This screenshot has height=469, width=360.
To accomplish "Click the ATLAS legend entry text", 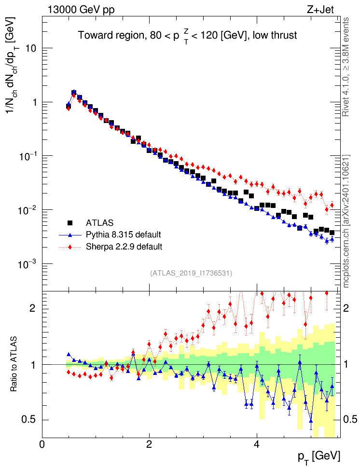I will tap(100, 223).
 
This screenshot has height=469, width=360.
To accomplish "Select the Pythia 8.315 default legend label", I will tap(123, 235).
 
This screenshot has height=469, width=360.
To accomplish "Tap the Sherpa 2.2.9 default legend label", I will tap(124, 247).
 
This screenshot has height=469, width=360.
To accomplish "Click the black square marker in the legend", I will tap(70, 223).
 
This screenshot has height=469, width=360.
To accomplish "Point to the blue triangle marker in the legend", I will tap(70, 235).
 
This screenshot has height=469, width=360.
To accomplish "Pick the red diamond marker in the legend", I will tap(70, 247).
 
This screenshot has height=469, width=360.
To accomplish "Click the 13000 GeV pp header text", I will tap(82, 9).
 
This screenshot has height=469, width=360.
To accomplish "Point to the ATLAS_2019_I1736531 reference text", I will tap(192, 273).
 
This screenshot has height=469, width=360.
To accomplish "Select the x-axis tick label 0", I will tap(42, 444).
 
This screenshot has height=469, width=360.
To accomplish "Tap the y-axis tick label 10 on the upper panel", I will tap(32, 49).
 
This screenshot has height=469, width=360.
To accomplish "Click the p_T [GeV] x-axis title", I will tap(320, 456).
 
